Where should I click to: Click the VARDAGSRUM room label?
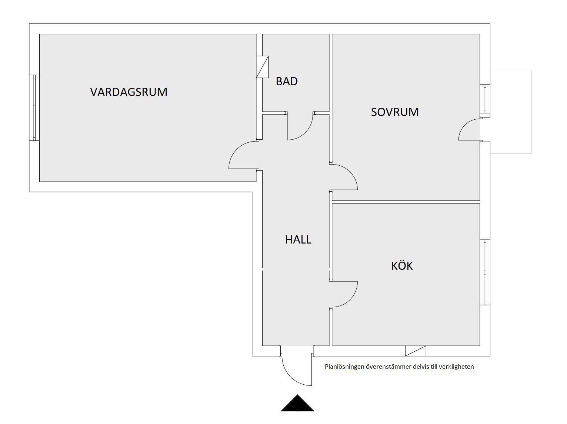pos(129,92)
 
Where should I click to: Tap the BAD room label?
pos(287,81)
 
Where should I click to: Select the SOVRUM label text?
pos(395,112)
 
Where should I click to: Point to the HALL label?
pos(298,239)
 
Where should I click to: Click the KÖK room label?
pos(402,266)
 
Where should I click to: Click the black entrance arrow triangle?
pos(297,404)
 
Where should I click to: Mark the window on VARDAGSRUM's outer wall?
pos(34,108)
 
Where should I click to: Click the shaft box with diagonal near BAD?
pos(262,67)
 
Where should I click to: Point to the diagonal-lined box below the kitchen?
pos(416,351)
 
